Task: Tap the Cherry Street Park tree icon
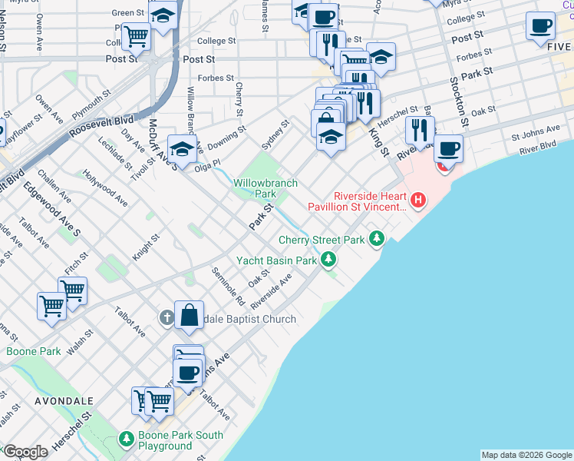click(x=376, y=239)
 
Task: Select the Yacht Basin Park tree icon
click(x=328, y=260)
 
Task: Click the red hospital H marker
click(x=418, y=201)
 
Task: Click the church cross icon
click(x=167, y=317)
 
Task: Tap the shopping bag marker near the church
click(x=189, y=315)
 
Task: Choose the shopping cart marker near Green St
click(x=137, y=35)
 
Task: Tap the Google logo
click(x=25, y=452)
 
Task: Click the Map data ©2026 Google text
click(x=526, y=455)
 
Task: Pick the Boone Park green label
click(x=33, y=351)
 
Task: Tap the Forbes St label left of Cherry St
click(x=216, y=78)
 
